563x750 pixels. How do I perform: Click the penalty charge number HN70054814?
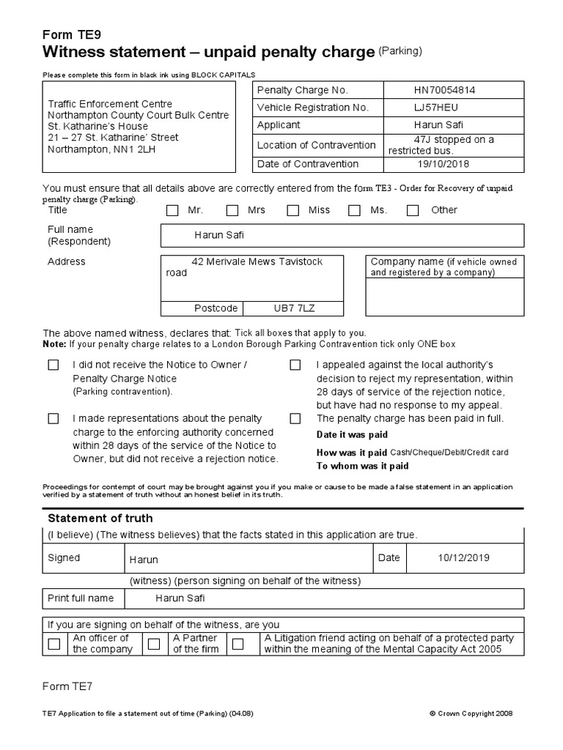(x=444, y=90)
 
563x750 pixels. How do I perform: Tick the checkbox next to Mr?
(x=172, y=211)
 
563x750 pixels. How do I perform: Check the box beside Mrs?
(x=232, y=211)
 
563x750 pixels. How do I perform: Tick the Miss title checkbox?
(x=293, y=211)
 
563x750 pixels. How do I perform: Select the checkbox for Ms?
(x=354, y=211)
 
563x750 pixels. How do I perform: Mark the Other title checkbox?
(x=413, y=211)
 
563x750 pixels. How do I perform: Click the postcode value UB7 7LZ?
(x=293, y=308)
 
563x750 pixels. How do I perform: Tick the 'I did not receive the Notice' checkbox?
(x=54, y=365)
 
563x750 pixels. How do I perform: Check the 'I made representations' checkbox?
(x=54, y=419)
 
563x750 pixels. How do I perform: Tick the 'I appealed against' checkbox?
(x=295, y=365)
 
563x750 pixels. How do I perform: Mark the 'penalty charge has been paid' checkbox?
(x=295, y=419)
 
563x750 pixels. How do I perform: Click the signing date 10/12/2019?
(x=463, y=558)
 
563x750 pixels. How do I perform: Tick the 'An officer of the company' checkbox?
(x=54, y=645)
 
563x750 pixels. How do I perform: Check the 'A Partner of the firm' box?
(x=154, y=645)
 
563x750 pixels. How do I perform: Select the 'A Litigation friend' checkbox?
(x=238, y=645)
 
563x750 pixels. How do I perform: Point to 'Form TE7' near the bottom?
(x=68, y=686)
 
